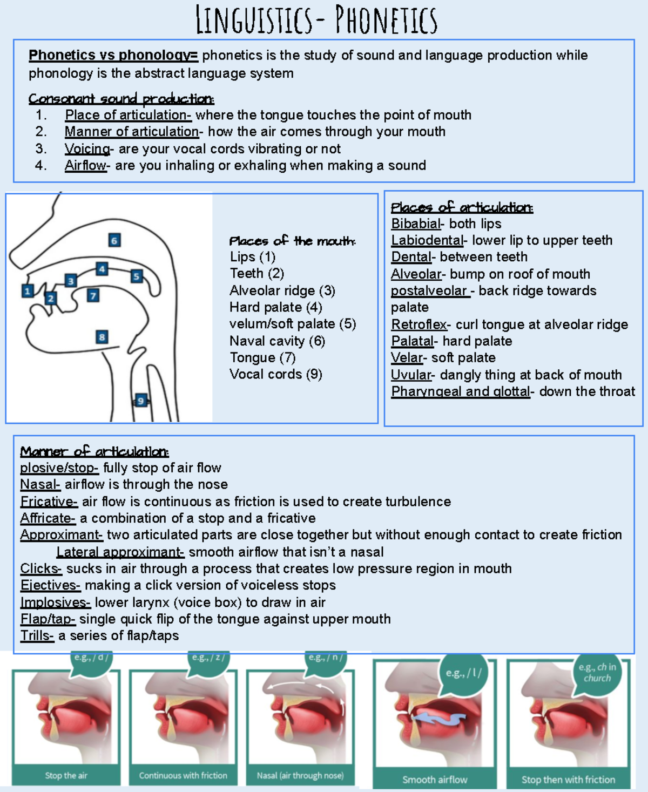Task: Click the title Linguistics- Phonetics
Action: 316,20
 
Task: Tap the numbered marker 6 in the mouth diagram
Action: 114,240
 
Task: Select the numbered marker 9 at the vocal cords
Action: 141,400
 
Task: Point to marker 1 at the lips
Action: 28,291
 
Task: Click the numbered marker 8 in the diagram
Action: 102,337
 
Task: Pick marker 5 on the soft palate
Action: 136,276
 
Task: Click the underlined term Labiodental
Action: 427,240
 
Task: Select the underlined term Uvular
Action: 411,375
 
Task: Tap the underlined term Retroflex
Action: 419,324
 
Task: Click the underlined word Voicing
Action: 87,149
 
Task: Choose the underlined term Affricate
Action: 47,518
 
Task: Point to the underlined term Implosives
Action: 55,603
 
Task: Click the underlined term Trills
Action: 37,636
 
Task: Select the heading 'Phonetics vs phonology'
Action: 113,55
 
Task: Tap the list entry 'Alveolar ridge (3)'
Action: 282,290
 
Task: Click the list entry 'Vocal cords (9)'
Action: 275,374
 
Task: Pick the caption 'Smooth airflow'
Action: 435,780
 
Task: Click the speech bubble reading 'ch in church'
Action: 597,673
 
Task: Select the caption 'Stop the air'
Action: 66,776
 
